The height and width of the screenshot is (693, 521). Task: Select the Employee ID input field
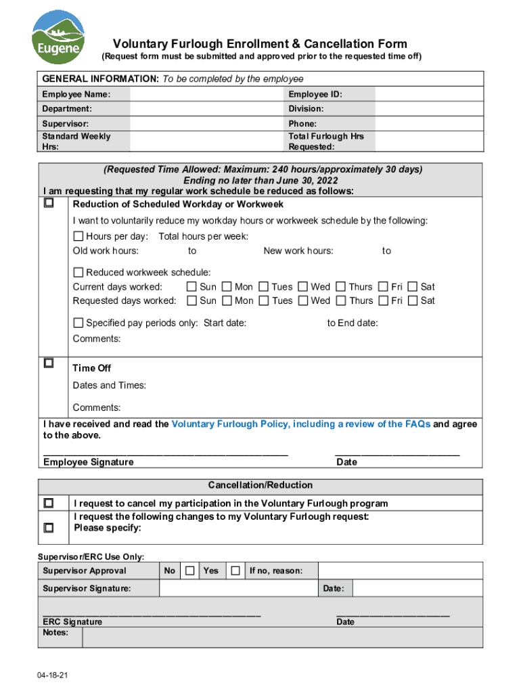click(428, 94)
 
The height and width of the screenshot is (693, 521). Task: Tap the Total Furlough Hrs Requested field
click(428, 141)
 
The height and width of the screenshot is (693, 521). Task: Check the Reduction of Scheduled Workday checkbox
click(49, 203)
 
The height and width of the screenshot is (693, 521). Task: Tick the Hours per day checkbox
click(78, 236)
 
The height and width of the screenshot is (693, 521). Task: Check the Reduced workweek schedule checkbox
click(78, 272)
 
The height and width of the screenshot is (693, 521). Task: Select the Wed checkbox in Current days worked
click(303, 287)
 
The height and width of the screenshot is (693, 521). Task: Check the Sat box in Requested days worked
click(413, 300)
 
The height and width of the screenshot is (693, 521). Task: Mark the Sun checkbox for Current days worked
click(192, 287)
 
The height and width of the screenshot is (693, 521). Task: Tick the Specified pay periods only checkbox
click(78, 323)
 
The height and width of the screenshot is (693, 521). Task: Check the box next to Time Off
click(49, 363)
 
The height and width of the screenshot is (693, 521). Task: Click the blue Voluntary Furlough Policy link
click(301, 424)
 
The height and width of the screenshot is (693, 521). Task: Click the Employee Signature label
click(88, 462)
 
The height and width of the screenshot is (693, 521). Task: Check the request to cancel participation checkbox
click(49, 504)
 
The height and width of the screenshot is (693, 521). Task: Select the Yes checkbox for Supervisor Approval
click(235, 571)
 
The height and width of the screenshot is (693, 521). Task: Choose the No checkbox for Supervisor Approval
click(190, 571)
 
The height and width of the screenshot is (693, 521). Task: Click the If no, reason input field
click(400, 571)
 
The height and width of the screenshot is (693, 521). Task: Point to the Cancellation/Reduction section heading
click(260, 485)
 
